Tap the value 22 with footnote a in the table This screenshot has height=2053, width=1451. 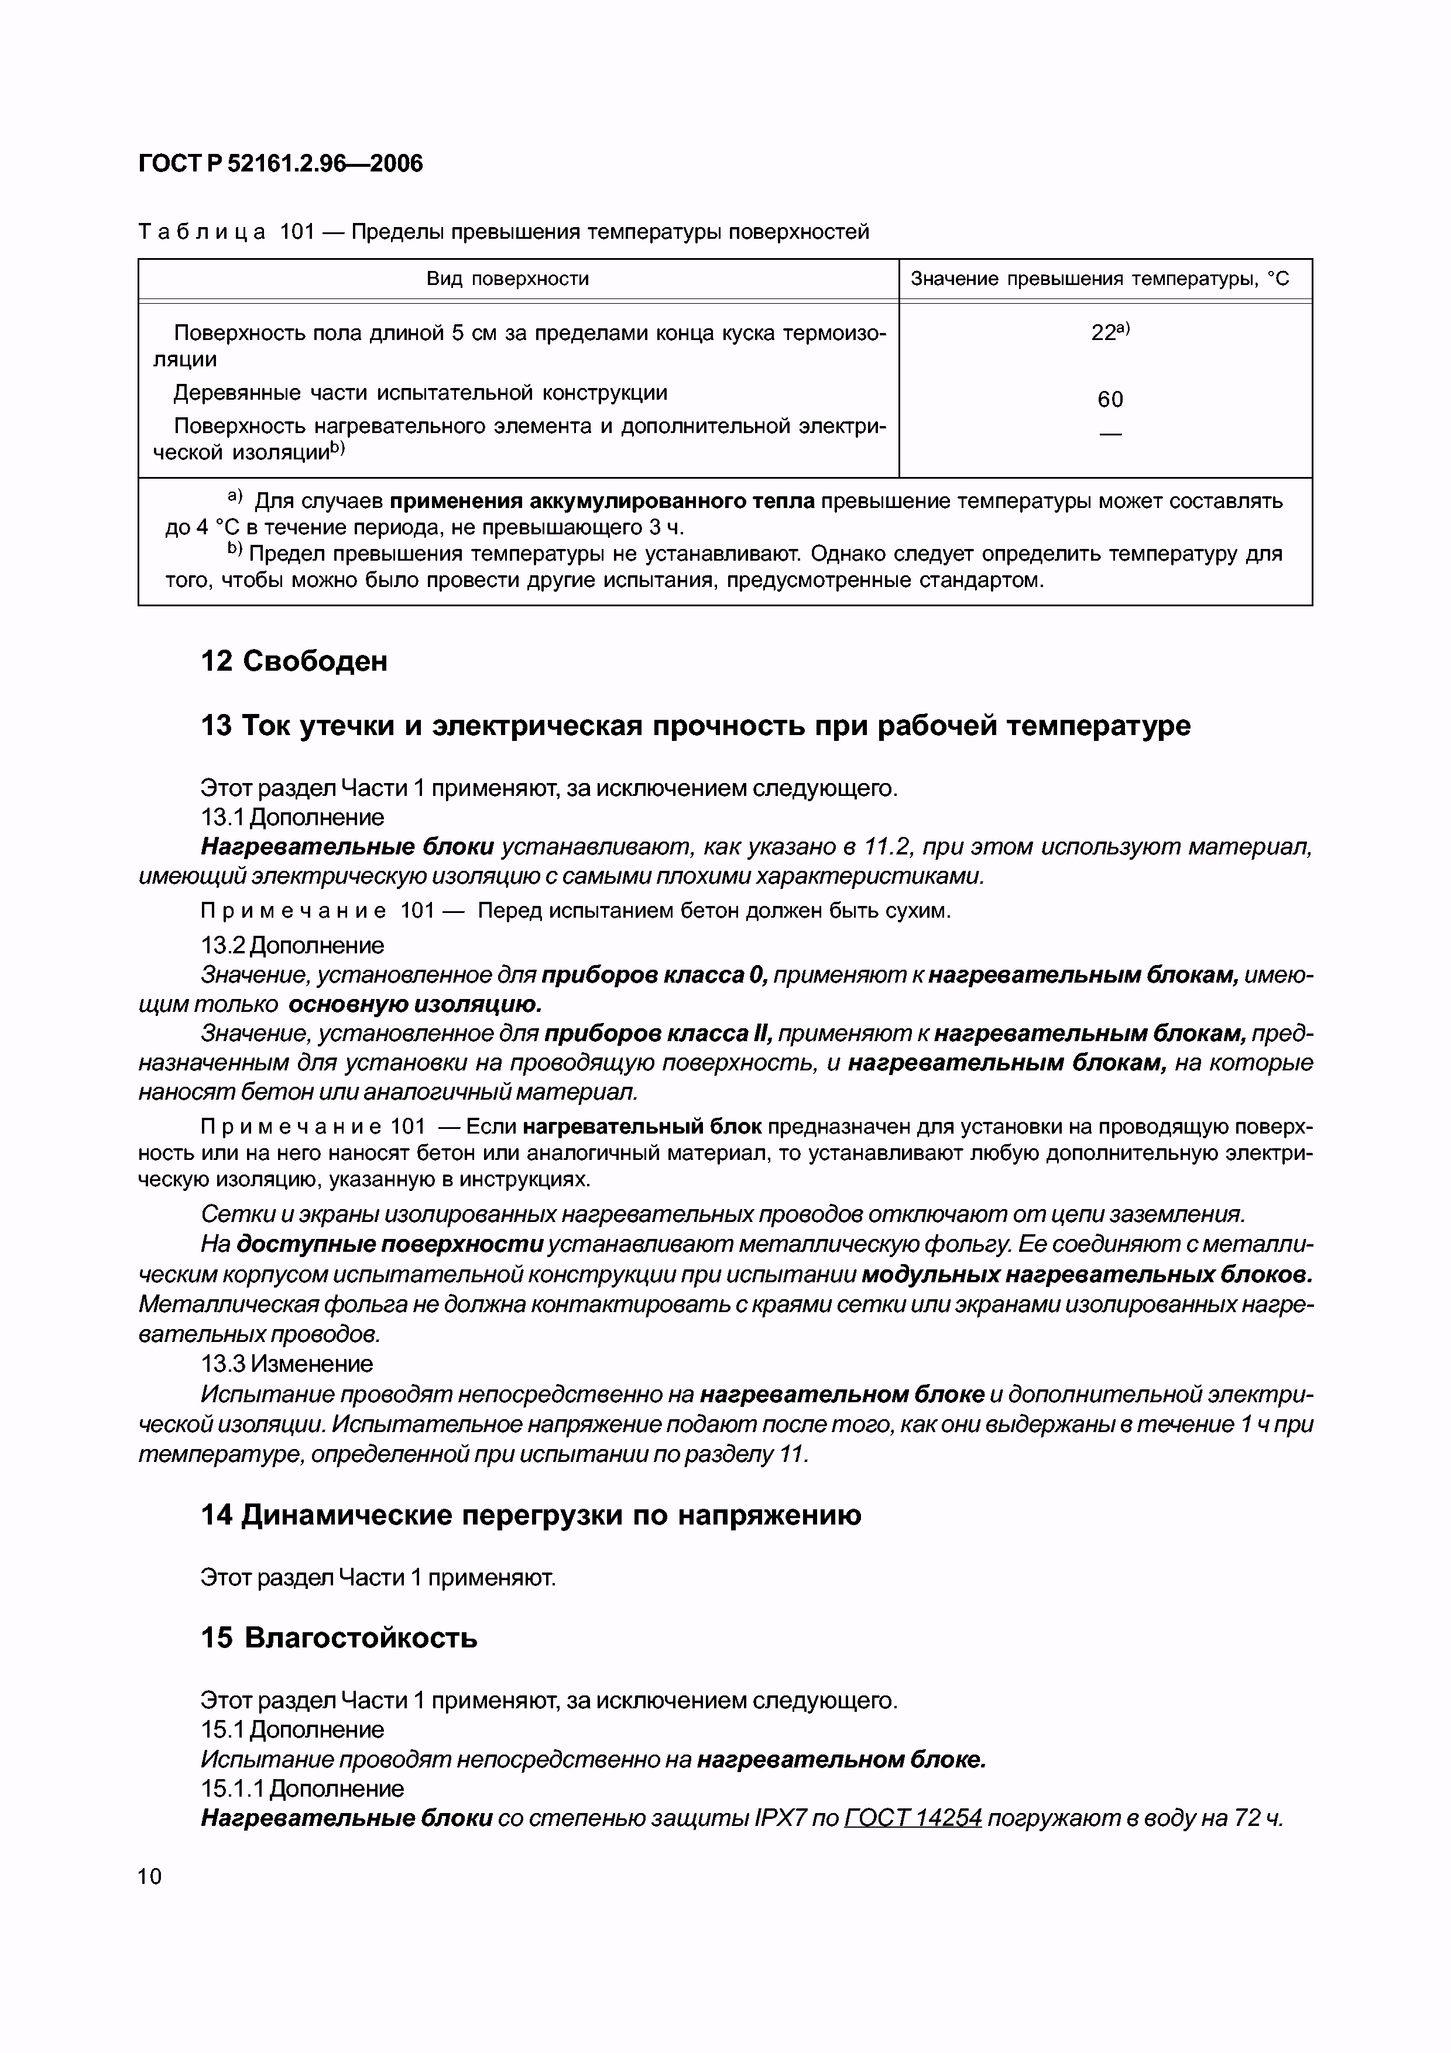coord(1109,332)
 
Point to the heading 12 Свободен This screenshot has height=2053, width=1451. coord(294,661)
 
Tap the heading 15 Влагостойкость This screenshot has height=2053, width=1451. coord(339,1637)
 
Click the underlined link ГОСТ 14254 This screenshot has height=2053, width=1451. coord(913,1818)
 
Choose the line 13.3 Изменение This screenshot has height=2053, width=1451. coord(287,1364)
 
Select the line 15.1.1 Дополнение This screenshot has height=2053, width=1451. coord(302,1788)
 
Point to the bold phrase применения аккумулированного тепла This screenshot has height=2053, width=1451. coord(602,501)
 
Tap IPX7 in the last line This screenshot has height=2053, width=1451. coord(782,1818)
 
